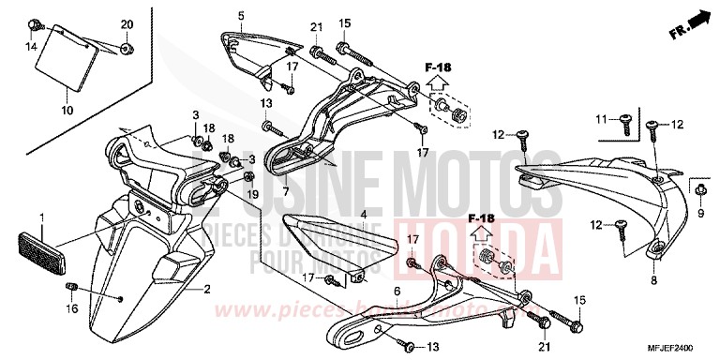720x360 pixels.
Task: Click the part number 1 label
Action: [41, 218]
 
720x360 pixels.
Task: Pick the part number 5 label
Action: [240, 16]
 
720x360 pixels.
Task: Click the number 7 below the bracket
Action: [285, 190]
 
